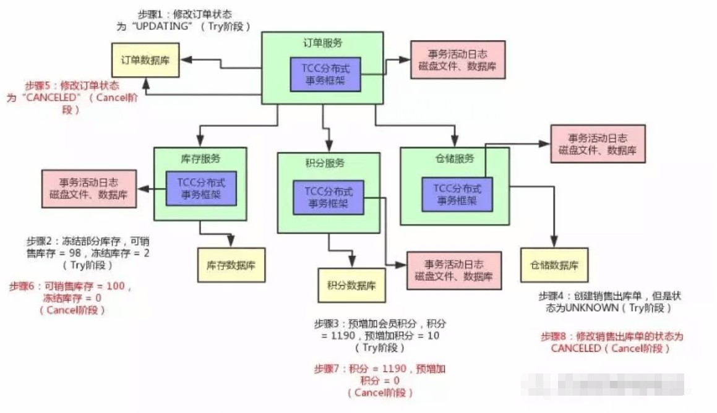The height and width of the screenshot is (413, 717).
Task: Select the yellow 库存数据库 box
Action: pyautogui.click(x=231, y=264)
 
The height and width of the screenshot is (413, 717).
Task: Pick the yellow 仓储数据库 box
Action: pyautogui.click(x=554, y=265)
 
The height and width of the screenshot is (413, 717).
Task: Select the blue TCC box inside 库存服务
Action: pyautogui.click(x=200, y=188)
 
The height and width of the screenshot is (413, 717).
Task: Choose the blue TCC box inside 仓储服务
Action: pyautogui.click(x=457, y=194)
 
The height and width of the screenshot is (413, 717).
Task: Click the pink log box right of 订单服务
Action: pyautogui.click(x=457, y=60)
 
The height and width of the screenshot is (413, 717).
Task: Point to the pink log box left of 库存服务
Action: pyautogui.click(x=88, y=188)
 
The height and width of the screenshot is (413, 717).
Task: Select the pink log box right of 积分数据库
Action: pyautogui.click(x=453, y=270)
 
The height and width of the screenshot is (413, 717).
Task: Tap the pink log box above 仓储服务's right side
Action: pyautogui.click(x=598, y=143)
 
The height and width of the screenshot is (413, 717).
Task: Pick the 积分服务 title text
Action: pyautogui.click(x=325, y=163)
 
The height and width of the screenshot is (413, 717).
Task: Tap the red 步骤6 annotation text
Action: pyautogui.click(x=71, y=297)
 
